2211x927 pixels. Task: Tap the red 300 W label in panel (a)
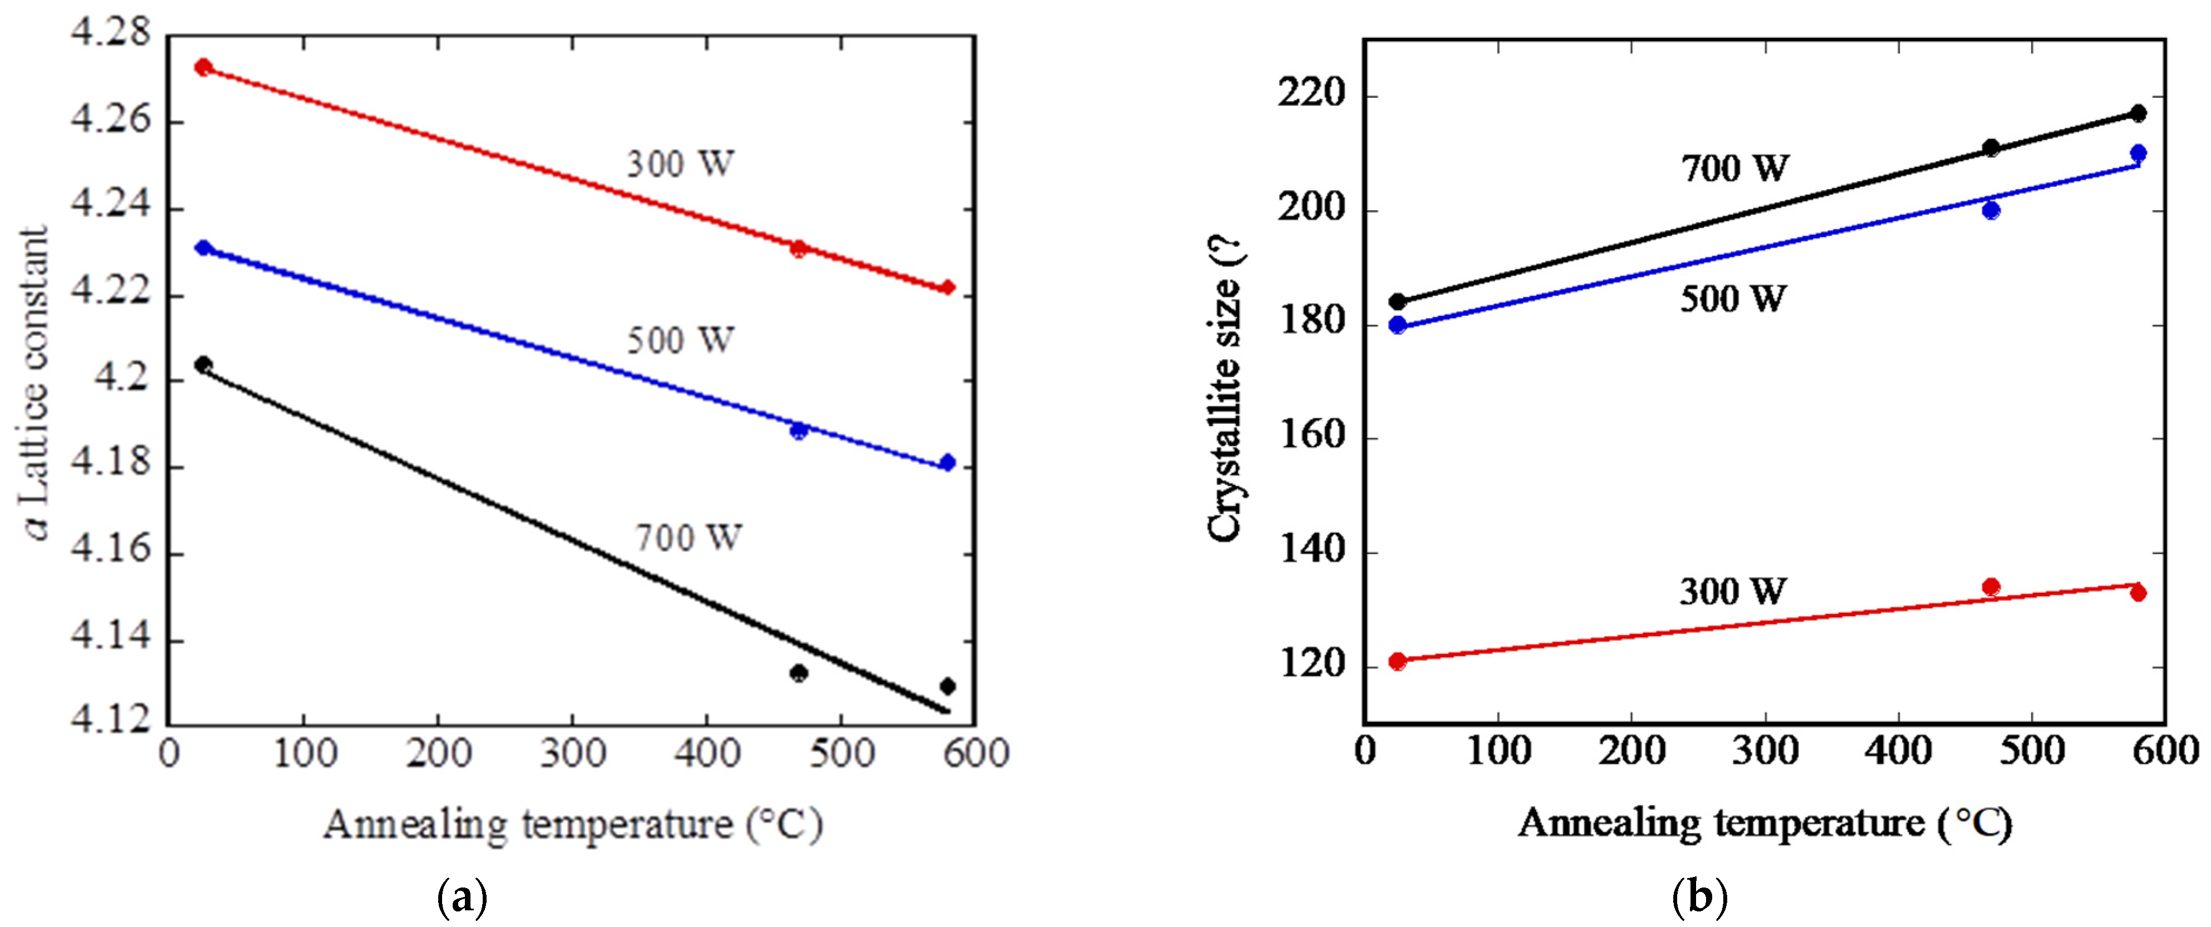[x=680, y=163]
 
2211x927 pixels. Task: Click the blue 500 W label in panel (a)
[x=680, y=340]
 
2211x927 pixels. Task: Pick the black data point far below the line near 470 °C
[x=798, y=673]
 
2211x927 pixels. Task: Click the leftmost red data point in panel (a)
[x=204, y=67]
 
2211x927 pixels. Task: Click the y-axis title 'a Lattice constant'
[x=36, y=383]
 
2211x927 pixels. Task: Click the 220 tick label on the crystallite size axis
[x=1310, y=95]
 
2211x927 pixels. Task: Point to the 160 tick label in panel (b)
[x=1310, y=436]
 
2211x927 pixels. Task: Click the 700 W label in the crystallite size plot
[x=1734, y=168]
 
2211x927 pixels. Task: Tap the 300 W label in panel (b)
[x=1733, y=591]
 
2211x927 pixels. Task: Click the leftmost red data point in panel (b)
[x=1397, y=661]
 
